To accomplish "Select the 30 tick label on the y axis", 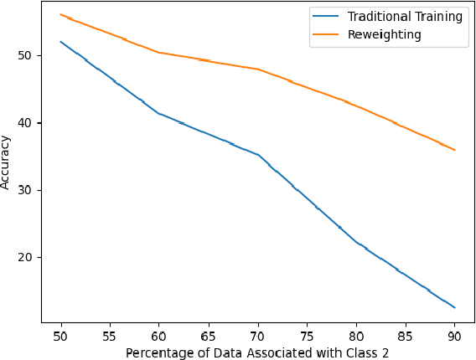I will point(29,190).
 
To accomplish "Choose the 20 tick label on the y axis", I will point(29,257).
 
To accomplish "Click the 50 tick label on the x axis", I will point(61,336).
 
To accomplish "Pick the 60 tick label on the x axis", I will point(159,336).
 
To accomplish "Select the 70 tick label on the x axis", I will point(258,336).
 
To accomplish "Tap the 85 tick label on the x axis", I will point(406,336).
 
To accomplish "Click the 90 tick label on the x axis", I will point(455,336).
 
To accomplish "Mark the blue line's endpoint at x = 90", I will point(455,308).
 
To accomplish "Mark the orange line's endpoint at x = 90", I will point(455,150).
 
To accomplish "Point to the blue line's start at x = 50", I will point(61,42).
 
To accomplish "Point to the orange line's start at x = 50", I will point(61,14).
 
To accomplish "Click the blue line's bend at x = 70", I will point(258,155).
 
